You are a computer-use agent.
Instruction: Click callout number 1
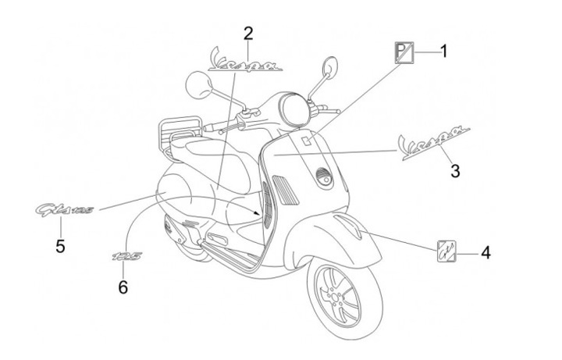443,52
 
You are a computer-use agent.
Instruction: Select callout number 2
247,33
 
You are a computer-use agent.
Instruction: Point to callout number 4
485,253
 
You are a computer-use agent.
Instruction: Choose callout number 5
60,246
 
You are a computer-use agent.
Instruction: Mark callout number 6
123,287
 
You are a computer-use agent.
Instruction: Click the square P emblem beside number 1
402,52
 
